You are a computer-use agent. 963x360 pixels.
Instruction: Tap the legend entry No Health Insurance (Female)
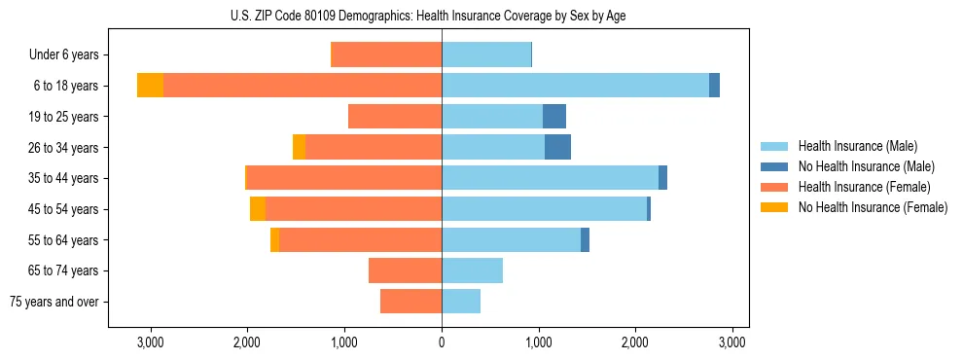coord(873,207)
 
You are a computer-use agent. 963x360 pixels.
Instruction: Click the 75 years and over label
coord(54,302)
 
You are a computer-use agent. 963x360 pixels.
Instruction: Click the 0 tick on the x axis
coord(442,342)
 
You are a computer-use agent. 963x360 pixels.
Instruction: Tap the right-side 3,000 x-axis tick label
coord(732,342)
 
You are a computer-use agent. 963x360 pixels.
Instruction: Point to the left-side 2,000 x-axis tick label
coord(247,342)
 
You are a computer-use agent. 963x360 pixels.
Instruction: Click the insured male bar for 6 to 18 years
coord(575,86)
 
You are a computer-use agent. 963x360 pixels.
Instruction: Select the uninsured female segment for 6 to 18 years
coord(150,86)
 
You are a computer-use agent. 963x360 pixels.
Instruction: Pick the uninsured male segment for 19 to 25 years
coord(554,117)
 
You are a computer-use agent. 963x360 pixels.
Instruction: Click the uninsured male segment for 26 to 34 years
coord(557,147)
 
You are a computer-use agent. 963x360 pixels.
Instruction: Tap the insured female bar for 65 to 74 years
coord(405,270)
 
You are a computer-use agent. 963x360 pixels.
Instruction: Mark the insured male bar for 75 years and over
coord(461,302)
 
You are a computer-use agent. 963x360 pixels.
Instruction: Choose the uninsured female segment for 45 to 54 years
coord(258,209)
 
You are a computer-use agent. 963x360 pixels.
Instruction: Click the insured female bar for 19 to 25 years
coord(395,117)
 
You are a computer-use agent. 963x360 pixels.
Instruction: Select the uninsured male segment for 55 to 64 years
coord(585,239)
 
